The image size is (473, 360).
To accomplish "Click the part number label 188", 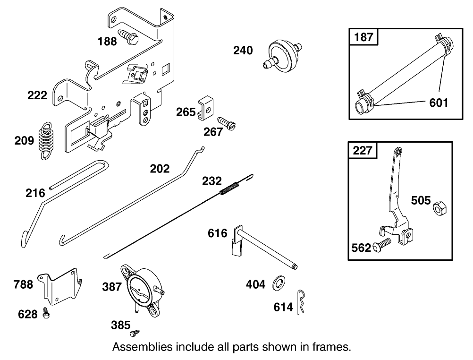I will (x=107, y=41).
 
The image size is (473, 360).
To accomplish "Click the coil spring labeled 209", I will (x=45, y=140).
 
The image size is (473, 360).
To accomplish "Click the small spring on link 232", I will (x=230, y=187).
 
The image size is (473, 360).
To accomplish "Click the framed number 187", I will (x=363, y=37).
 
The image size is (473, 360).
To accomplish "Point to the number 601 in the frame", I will (x=439, y=103).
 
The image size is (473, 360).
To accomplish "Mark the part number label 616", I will (x=218, y=233).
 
